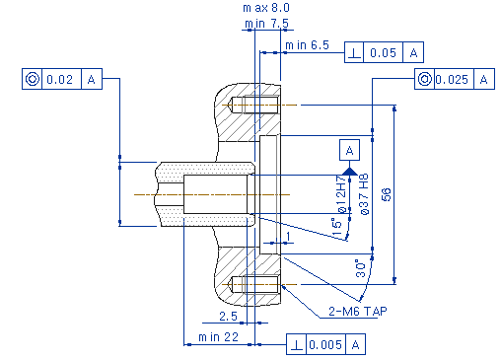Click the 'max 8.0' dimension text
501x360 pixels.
(x=266, y=8)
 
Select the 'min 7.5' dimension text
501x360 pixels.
(x=266, y=24)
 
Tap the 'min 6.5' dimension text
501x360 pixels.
(x=307, y=45)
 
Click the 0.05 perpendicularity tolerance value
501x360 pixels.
(x=383, y=52)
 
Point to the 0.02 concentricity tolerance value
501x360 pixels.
(x=59, y=79)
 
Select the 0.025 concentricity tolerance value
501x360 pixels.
(x=452, y=79)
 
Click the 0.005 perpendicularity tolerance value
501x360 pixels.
(x=325, y=344)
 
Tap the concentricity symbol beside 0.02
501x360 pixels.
(x=33, y=79)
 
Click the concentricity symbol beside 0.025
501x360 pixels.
(x=424, y=79)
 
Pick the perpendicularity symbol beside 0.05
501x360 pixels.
(x=354, y=53)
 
